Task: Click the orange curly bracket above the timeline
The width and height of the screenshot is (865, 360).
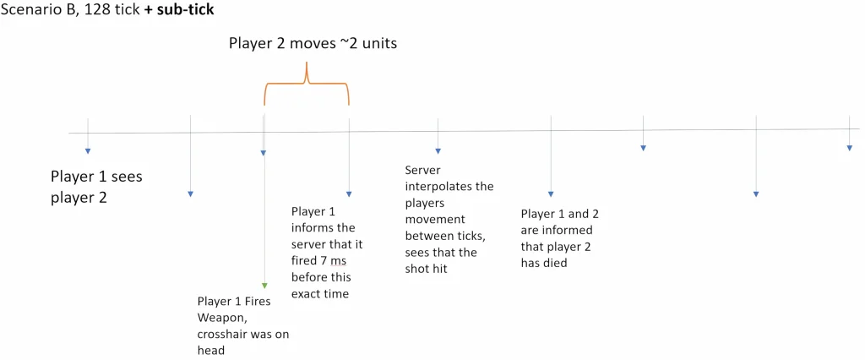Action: [307, 83]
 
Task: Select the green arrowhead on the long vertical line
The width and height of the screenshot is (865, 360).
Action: [264, 286]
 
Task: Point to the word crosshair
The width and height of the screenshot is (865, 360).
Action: [222, 335]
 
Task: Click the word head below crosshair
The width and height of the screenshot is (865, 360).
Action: [210, 351]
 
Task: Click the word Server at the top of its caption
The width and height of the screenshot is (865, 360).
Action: [422, 170]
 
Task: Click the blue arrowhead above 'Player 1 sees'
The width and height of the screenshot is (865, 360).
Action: [87, 150]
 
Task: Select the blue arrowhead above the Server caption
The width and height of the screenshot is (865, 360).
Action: [438, 150]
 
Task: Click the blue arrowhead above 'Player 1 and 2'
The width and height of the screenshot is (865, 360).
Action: [551, 194]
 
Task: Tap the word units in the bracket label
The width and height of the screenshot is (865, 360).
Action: [379, 44]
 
